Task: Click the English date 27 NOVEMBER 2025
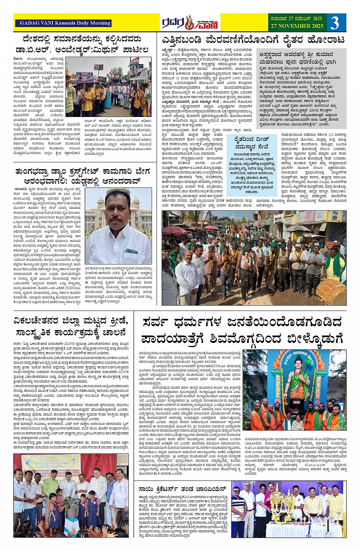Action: pyautogui.click(x=297, y=26)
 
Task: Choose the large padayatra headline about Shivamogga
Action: pyautogui.click(x=242, y=330)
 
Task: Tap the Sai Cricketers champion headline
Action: pyautogui.click(x=183, y=489)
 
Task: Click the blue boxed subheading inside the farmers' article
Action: pyautogui.click(x=251, y=143)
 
